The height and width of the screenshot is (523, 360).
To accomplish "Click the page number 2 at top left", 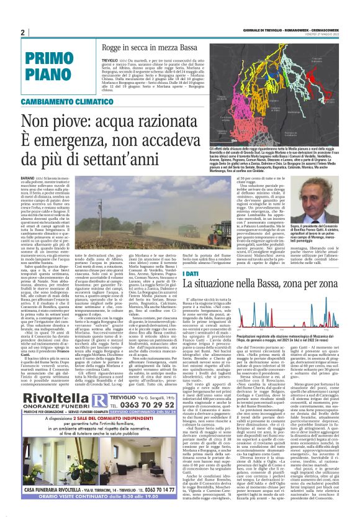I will pyautogui.click(x=22, y=32).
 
